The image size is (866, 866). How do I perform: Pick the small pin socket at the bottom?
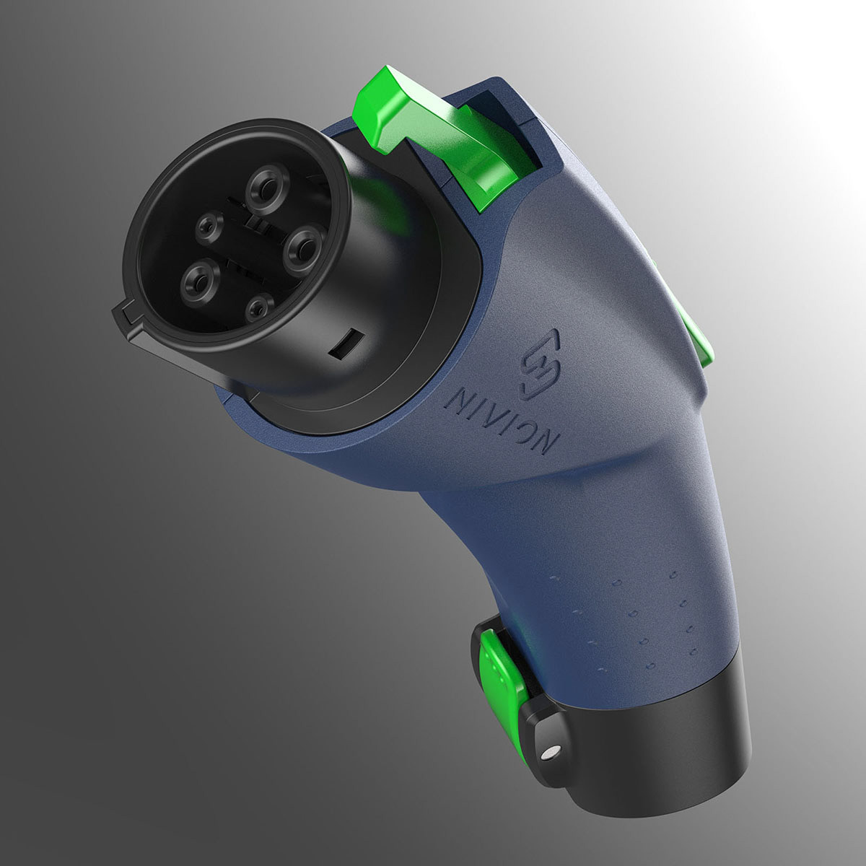(x=258, y=308)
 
